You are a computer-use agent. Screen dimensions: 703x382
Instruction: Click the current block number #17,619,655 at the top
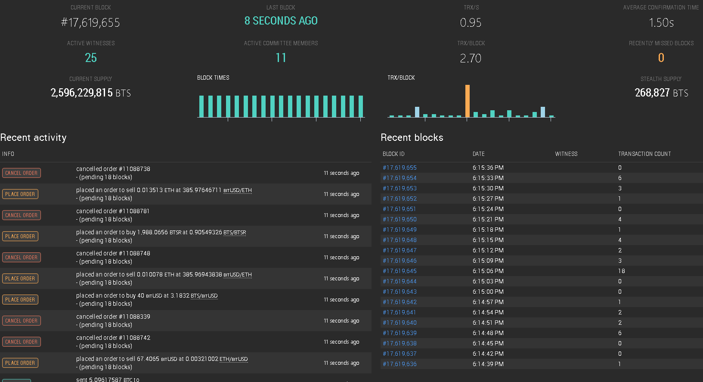pos(90,22)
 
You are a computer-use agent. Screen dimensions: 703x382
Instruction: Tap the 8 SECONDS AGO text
pos(281,21)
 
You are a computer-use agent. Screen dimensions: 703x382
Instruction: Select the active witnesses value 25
pos(91,58)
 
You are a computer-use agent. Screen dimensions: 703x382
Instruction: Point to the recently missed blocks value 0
pos(661,58)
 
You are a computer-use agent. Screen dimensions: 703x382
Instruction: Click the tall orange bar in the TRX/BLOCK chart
pos(468,101)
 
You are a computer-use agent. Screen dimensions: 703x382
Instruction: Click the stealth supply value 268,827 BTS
pos(661,93)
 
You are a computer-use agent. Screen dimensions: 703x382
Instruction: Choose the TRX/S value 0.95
pos(471,22)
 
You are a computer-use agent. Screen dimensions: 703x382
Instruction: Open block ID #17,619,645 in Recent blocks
pos(400,271)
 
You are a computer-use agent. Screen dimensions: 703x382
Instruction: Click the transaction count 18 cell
pos(621,271)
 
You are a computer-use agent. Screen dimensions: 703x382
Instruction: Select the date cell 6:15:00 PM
pos(488,292)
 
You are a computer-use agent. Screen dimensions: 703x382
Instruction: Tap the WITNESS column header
pos(566,154)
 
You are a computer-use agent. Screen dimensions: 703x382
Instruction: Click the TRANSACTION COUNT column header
pos(644,154)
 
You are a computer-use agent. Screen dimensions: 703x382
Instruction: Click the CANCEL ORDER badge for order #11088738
pos(22,173)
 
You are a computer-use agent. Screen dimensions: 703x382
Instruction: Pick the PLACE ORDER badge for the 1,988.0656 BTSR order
pos(20,236)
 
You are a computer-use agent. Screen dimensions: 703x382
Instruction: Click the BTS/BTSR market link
pos(235,233)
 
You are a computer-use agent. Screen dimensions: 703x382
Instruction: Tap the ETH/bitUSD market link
pos(233,359)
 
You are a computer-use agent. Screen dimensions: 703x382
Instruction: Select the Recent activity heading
pos(33,137)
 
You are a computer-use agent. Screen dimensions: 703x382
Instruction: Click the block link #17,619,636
pos(400,364)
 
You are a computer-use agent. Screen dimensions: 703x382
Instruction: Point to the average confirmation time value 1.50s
pos(661,22)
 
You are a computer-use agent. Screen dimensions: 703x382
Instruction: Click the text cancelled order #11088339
pos(113,317)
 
